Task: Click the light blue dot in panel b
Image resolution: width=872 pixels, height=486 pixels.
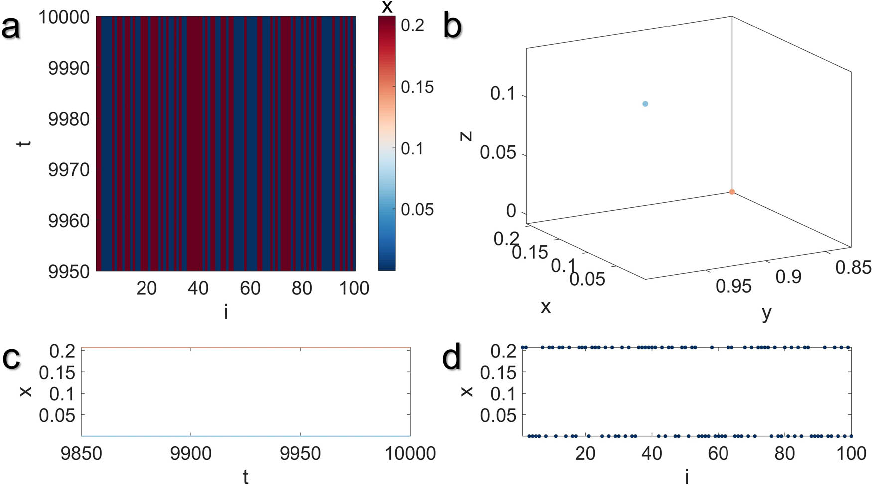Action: [x=645, y=104]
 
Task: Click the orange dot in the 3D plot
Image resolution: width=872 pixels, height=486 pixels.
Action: [x=732, y=192]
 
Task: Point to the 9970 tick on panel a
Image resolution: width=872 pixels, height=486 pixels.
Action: [x=69, y=170]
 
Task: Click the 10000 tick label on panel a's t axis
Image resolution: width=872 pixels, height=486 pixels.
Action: [x=64, y=17]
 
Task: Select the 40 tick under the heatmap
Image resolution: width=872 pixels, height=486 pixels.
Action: [x=198, y=288]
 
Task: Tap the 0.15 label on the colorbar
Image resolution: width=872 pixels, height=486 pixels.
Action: [x=417, y=87]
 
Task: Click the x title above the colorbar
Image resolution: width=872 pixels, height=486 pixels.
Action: [x=387, y=7]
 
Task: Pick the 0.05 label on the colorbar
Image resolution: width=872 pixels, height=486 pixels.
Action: [x=417, y=209]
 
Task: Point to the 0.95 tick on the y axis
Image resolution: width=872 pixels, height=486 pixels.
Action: [x=733, y=286]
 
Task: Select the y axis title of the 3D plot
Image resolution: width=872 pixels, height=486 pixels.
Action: [x=766, y=313]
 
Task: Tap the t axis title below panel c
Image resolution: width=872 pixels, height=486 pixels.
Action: [x=245, y=476]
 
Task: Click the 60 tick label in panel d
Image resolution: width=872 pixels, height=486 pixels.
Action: [x=718, y=454]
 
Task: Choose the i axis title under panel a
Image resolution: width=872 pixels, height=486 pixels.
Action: [x=226, y=312]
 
